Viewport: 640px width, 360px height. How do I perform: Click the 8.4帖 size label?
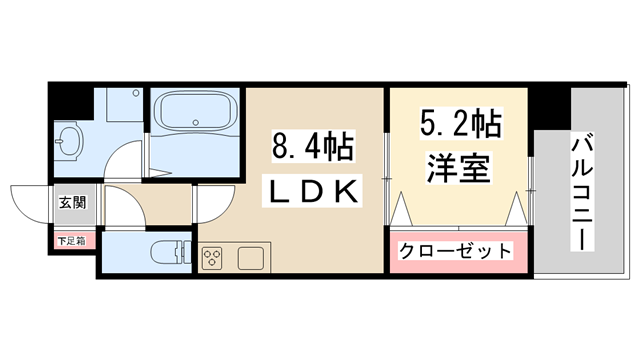(x=311, y=149)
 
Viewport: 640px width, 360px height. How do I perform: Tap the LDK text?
(x=311, y=190)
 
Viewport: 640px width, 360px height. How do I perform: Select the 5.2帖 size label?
(x=460, y=128)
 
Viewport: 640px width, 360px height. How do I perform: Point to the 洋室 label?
(x=460, y=166)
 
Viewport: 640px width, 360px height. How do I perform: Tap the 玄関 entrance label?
(x=71, y=204)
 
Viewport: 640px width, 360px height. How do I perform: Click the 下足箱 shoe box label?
(x=70, y=241)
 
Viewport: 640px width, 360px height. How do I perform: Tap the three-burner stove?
(x=213, y=258)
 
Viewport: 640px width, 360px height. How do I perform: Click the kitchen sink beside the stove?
(x=249, y=257)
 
